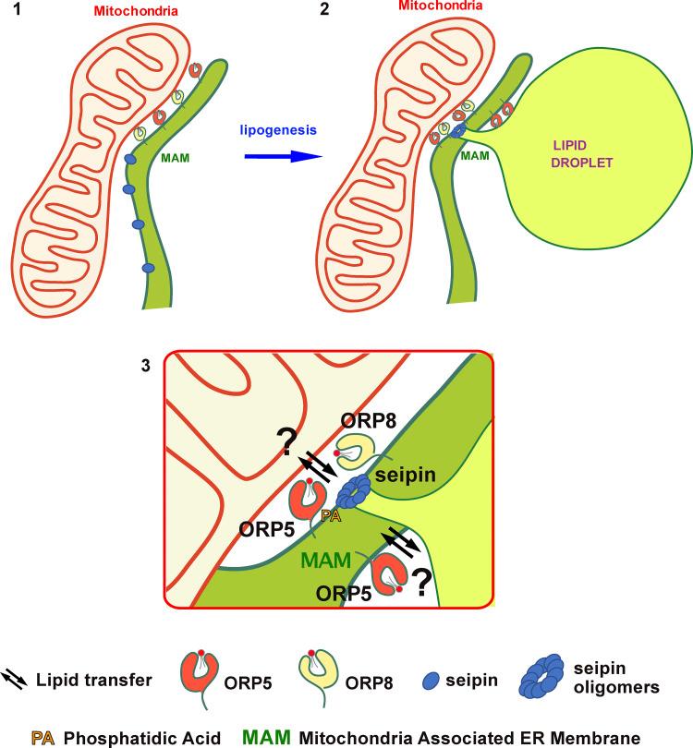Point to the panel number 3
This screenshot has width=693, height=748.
(144, 365)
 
